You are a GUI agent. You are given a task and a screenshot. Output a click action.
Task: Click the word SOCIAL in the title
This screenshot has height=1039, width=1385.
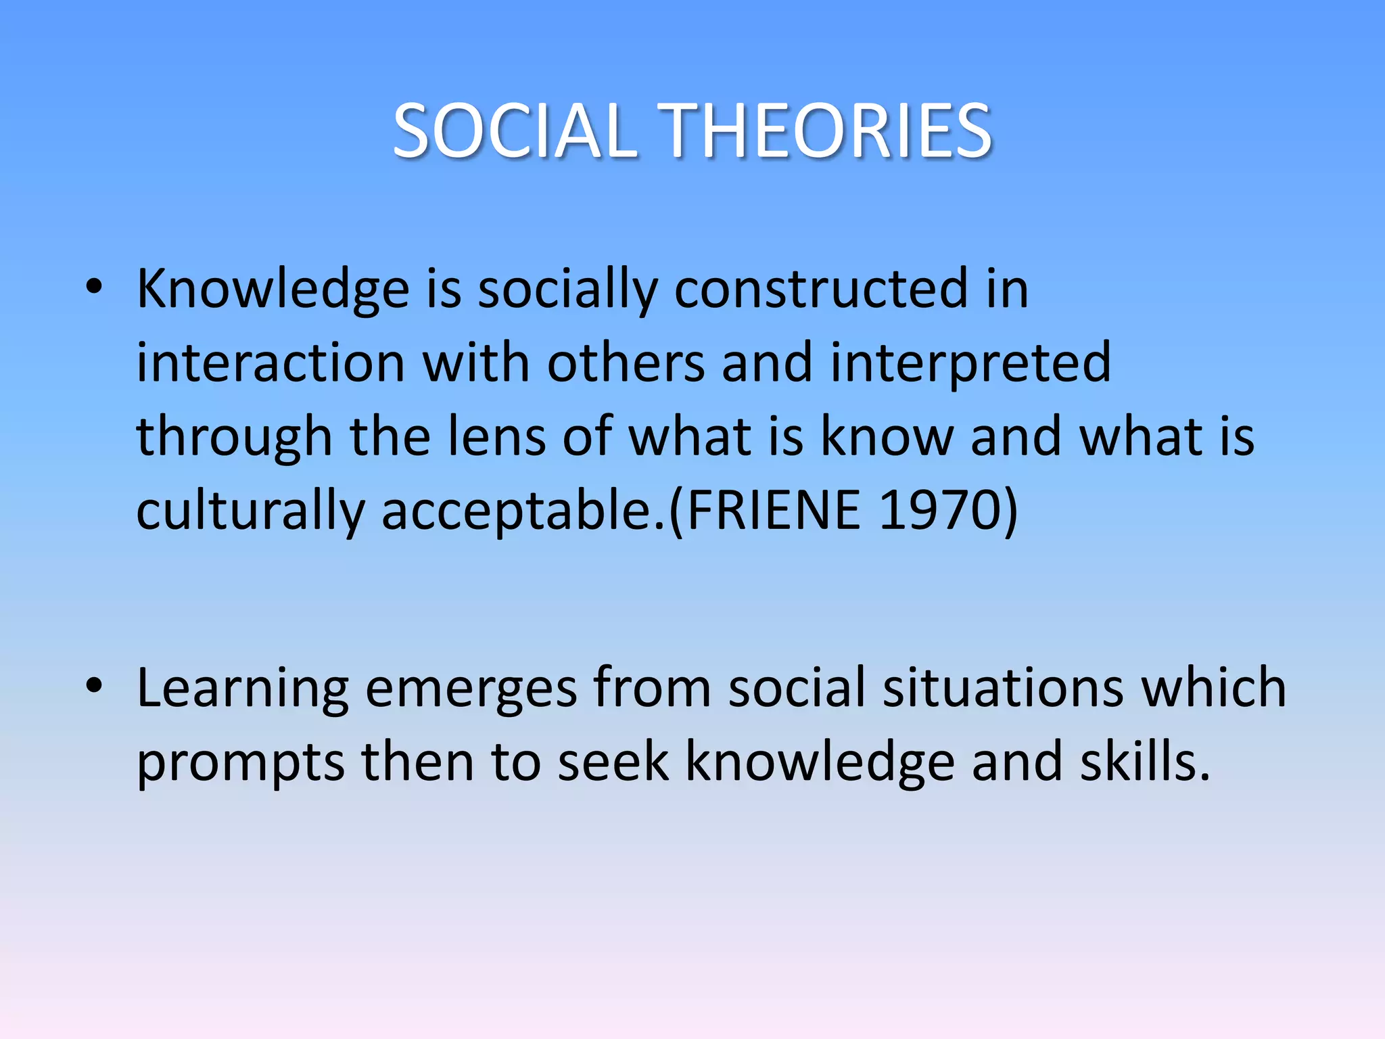(x=514, y=131)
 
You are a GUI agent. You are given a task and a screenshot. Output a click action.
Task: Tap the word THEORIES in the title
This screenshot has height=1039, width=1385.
(x=825, y=131)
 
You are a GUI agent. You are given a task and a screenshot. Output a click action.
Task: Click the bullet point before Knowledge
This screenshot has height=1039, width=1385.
(x=94, y=287)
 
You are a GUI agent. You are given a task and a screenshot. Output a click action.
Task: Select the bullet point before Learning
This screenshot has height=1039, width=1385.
(x=94, y=686)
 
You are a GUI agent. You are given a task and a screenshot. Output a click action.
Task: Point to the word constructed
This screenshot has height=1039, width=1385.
(x=821, y=290)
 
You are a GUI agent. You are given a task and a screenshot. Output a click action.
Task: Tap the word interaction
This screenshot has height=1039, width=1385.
(x=271, y=364)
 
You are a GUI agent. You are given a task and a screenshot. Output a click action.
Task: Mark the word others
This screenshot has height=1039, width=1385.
(x=626, y=364)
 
